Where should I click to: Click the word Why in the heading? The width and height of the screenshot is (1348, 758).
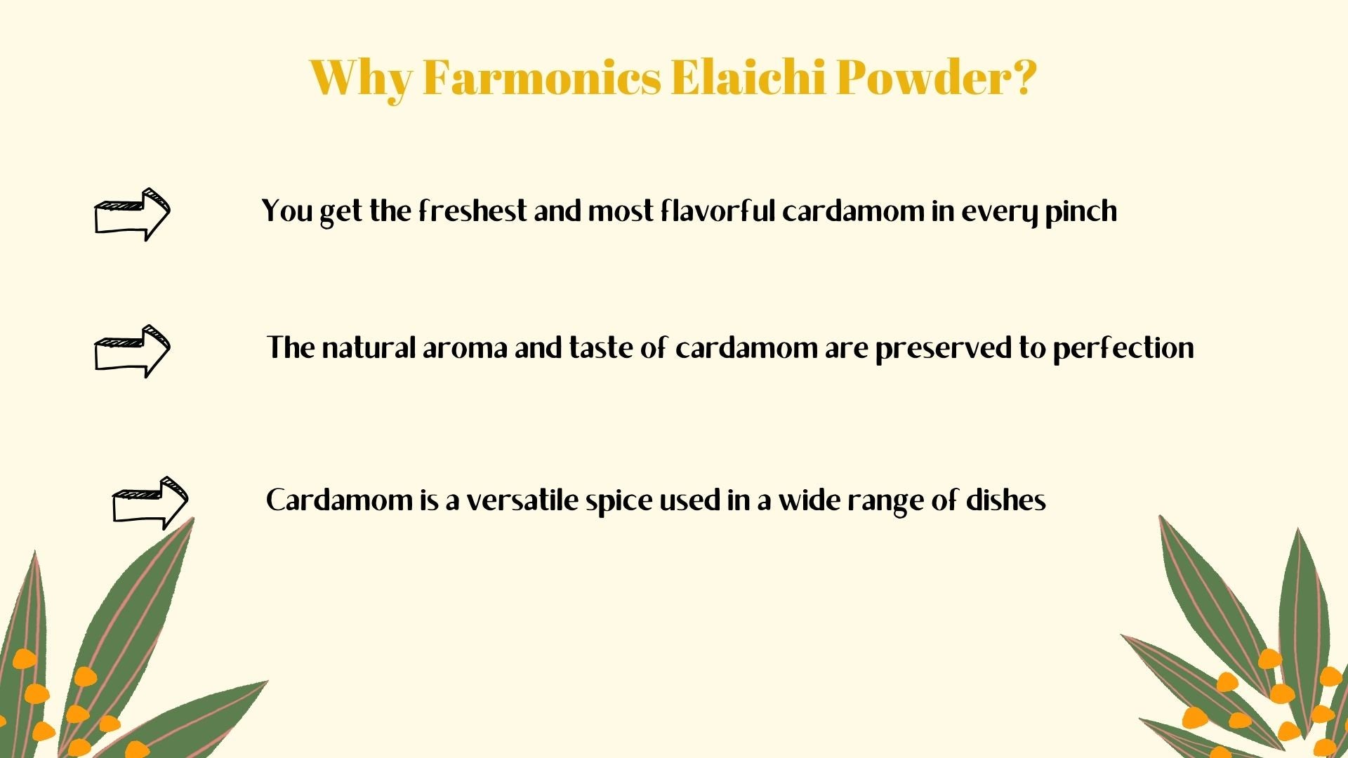click(361, 79)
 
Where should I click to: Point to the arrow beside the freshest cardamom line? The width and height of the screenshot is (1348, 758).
click(132, 214)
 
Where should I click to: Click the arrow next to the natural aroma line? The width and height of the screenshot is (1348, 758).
click(132, 351)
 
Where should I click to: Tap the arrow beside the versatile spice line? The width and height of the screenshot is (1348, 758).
click(150, 503)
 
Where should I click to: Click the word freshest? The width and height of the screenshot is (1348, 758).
click(473, 211)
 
